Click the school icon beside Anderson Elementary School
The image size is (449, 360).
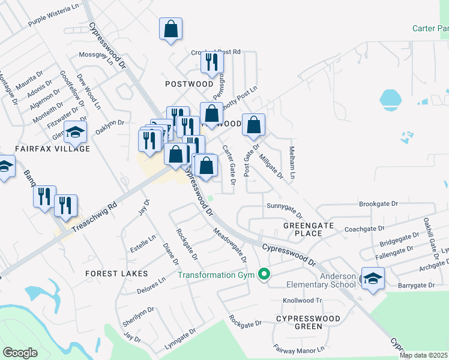(x=372, y=278)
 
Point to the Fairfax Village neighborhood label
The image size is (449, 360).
(x=53, y=148)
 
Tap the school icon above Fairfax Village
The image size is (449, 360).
(x=75, y=132)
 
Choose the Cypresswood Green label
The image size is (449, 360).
(x=308, y=322)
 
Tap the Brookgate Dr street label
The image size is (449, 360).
(x=379, y=204)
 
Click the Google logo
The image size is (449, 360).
(x=20, y=353)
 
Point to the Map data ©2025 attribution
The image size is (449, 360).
(x=423, y=355)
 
